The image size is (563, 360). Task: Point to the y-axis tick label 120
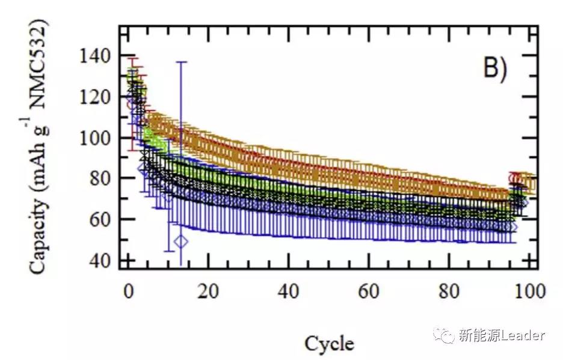point(94,97)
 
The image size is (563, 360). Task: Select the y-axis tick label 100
point(94,138)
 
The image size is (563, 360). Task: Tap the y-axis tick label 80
point(98,178)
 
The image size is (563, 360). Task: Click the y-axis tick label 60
point(98,219)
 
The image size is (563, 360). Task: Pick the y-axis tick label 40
point(98,260)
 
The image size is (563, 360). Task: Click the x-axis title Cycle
point(329,344)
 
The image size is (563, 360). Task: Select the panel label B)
point(496,69)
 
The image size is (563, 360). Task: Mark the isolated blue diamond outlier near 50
point(181,242)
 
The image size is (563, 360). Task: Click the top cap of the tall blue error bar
point(180,62)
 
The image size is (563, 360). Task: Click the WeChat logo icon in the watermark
point(446,335)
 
